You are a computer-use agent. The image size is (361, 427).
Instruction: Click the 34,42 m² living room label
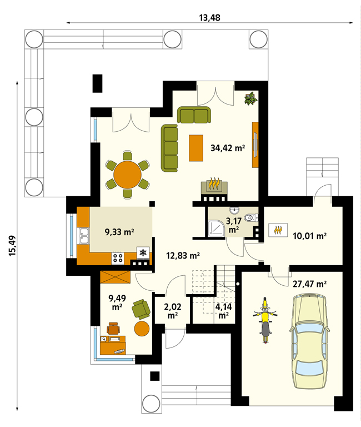tap(228, 148)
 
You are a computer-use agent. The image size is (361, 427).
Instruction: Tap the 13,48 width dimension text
tap(209, 18)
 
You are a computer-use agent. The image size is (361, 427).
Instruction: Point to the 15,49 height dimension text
tap(13, 245)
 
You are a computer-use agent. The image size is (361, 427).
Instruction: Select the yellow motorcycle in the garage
tap(265, 320)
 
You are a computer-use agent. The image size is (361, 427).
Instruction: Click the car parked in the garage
tap(310, 340)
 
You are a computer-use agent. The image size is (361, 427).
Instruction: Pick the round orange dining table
tap(127, 175)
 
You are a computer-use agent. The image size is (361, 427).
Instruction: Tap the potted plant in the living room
tap(250, 98)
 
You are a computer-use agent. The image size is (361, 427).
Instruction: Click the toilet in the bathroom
tap(252, 218)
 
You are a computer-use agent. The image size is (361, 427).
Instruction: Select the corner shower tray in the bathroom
tap(217, 228)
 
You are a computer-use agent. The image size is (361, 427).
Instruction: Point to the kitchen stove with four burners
tap(118, 258)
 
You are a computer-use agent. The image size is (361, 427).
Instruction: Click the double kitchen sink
tap(84, 236)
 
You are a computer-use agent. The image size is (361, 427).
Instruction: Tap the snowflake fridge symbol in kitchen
tap(143, 253)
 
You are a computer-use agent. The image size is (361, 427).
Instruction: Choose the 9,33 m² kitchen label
tap(119, 232)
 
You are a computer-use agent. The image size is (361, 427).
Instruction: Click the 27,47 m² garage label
tap(309, 284)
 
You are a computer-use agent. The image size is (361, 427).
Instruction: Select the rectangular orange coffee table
tap(196, 148)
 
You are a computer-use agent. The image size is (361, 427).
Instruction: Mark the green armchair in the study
tap(141, 309)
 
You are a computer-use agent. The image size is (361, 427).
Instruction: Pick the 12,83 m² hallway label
tap(183, 255)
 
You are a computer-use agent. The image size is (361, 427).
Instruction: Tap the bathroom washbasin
tap(234, 210)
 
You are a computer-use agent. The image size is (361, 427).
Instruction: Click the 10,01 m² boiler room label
tap(309, 236)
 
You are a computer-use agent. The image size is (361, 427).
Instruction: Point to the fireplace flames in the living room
tap(214, 183)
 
